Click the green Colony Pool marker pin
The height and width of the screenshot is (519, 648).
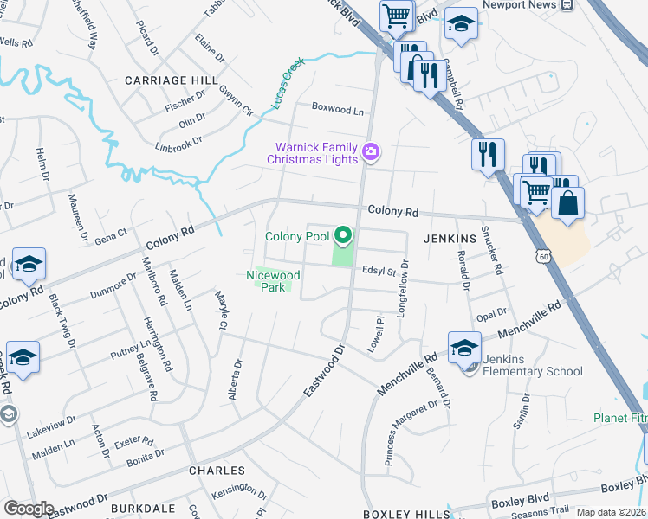[x=344, y=234]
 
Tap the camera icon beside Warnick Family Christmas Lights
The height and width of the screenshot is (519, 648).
[x=371, y=152]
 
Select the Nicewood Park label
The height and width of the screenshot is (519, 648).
[x=273, y=281]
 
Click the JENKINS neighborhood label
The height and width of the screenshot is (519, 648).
[x=450, y=238]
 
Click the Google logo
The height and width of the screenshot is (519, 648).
[x=29, y=508]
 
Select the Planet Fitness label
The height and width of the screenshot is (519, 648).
[x=620, y=418]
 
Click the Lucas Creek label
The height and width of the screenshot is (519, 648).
[x=288, y=84]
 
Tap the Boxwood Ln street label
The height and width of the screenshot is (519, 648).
[x=338, y=111]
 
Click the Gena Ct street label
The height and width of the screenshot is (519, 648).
[x=110, y=234]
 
